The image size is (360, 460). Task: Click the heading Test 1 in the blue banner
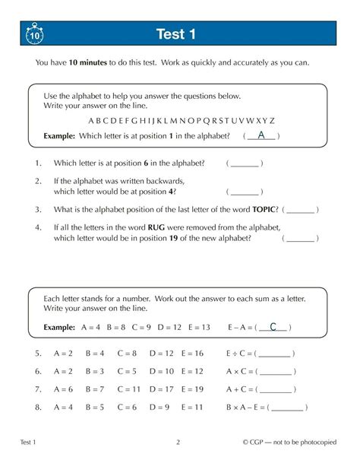[176, 34]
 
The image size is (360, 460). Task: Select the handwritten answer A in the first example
[261, 135]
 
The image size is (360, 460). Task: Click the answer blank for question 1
[244, 164]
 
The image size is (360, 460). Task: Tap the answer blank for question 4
[301, 238]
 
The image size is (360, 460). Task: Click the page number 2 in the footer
[177, 443]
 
